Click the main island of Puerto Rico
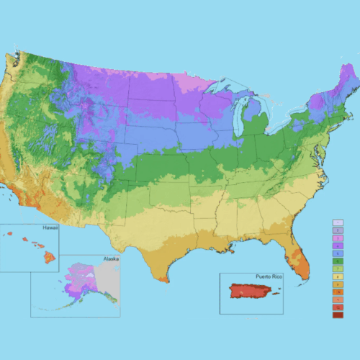tap(252, 292)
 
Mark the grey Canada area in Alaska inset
tap(109, 276)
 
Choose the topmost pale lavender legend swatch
tap(338, 223)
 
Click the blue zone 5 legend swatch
tap(338, 253)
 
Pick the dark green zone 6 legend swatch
tap(338, 261)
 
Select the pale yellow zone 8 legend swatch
tap(338, 276)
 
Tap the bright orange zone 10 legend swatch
tap(338, 291)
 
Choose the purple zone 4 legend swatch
tap(338, 246)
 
